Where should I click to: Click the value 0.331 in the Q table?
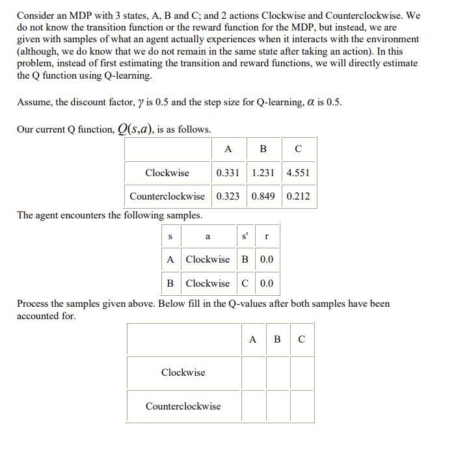pyautogui.click(x=228, y=173)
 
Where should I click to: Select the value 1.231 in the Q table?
pyautogui.click(x=263, y=173)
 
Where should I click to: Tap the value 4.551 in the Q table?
pyautogui.click(x=298, y=173)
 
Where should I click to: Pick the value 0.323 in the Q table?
pyautogui.click(x=228, y=196)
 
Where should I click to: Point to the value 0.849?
pyautogui.click(x=263, y=196)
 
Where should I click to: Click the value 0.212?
pyautogui.click(x=298, y=196)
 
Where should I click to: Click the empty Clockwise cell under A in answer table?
pyautogui.click(x=254, y=373)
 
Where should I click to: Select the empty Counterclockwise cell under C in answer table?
pyautogui.click(x=302, y=406)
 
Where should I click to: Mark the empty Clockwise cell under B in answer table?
pyautogui.click(x=278, y=373)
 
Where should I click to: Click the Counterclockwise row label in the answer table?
pyautogui.click(x=183, y=406)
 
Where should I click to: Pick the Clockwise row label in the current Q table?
pyautogui.click(x=167, y=173)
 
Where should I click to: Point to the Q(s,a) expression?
pyautogui.click(x=136, y=129)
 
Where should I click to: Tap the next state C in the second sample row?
pyautogui.click(x=245, y=283)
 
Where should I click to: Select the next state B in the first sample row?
pyautogui.click(x=245, y=259)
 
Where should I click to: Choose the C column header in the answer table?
pyautogui.click(x=301, y=339)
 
